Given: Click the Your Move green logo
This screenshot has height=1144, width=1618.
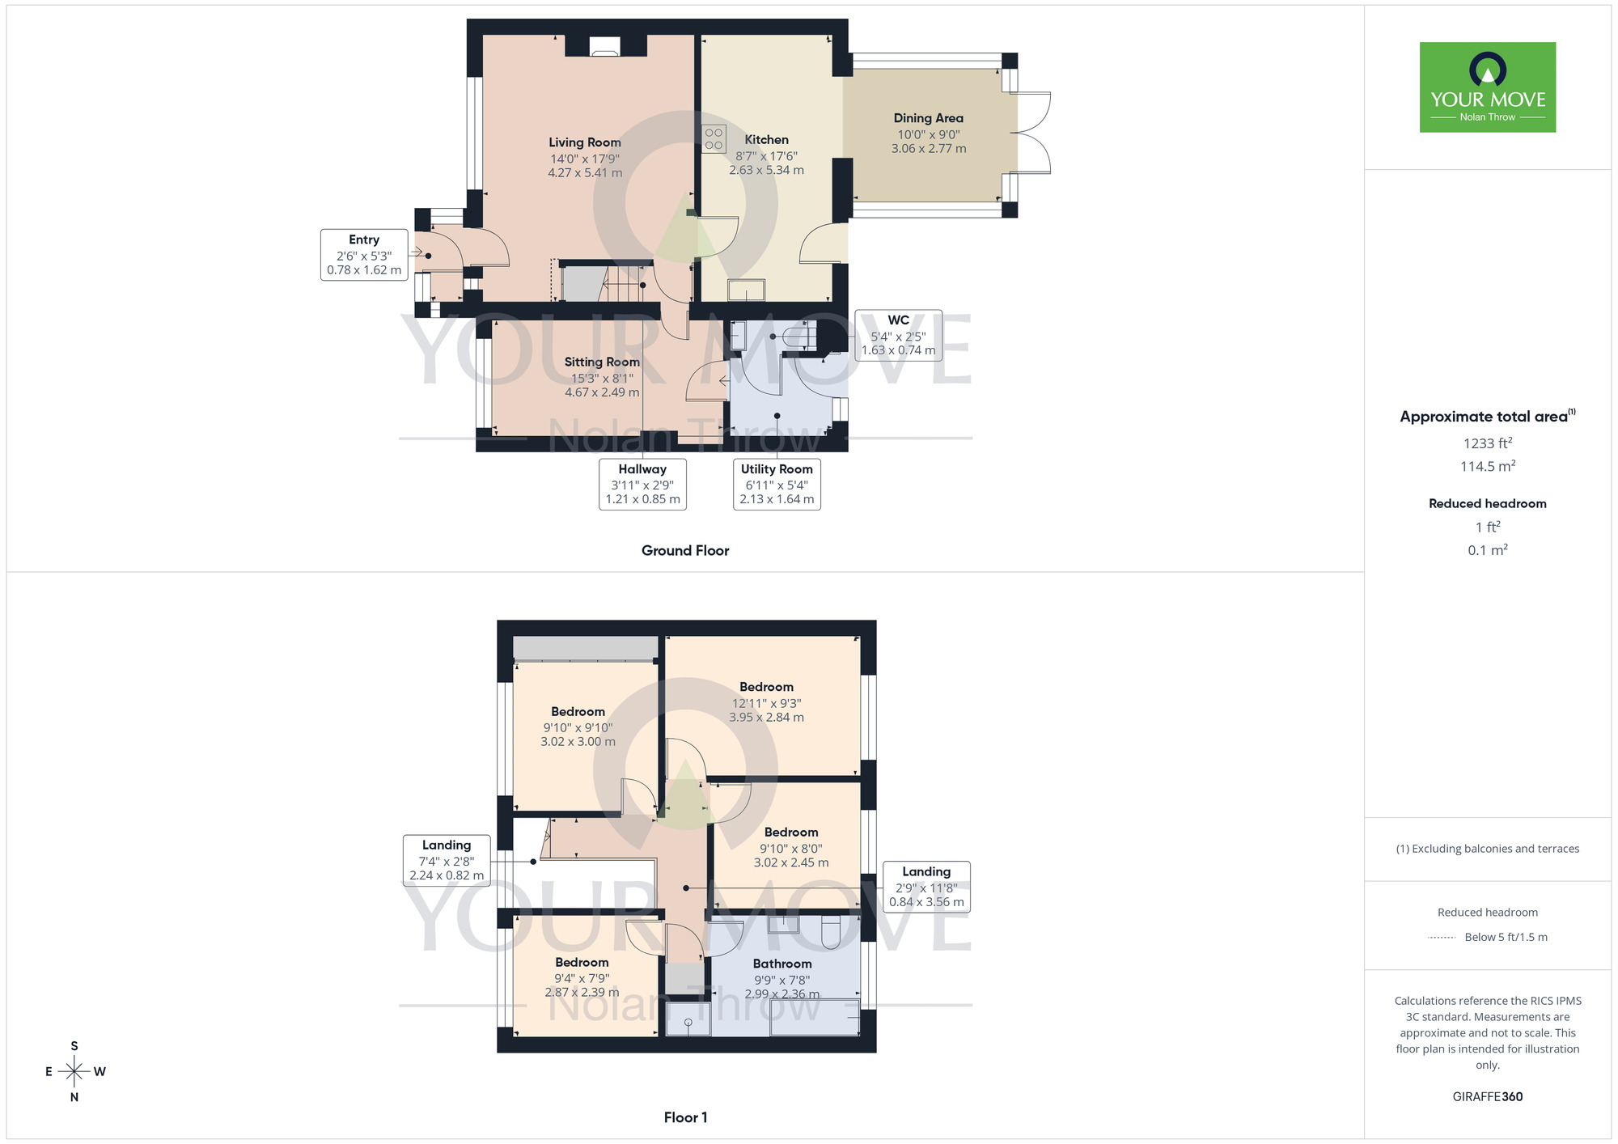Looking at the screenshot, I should point(1487,87).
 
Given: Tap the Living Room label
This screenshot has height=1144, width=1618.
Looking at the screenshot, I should point(585,142).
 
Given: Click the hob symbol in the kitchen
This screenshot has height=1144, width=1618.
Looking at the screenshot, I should point(714,138).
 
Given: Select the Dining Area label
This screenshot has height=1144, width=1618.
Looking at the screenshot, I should point(928,118).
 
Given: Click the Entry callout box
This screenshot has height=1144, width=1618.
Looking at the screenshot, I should point(364,255).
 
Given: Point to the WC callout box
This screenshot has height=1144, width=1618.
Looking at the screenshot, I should point(898,335).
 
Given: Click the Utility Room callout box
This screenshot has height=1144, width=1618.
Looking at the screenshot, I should point(777,484).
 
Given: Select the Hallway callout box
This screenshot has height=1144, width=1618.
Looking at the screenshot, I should point(642,484).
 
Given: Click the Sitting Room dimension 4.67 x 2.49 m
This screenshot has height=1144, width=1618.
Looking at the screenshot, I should point(602,392).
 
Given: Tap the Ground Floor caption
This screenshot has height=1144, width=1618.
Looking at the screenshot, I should point(685,551).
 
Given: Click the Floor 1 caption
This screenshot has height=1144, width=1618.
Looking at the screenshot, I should point(685,1117).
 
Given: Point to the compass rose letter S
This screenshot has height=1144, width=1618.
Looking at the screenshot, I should point(74,1046).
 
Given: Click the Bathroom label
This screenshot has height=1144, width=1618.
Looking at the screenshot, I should point(781,964).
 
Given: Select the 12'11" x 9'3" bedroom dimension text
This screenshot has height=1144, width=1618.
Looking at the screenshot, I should point(766,703).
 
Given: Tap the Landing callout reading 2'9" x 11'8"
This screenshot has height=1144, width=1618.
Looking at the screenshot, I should point(926,887).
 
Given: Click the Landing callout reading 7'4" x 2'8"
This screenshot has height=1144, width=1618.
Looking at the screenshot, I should point(447,860).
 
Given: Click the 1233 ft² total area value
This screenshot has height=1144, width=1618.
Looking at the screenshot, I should point(1487,443).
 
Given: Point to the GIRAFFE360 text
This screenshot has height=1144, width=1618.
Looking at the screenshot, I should point(1487,1097).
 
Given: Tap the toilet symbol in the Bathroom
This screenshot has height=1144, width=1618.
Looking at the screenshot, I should point(832,932).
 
